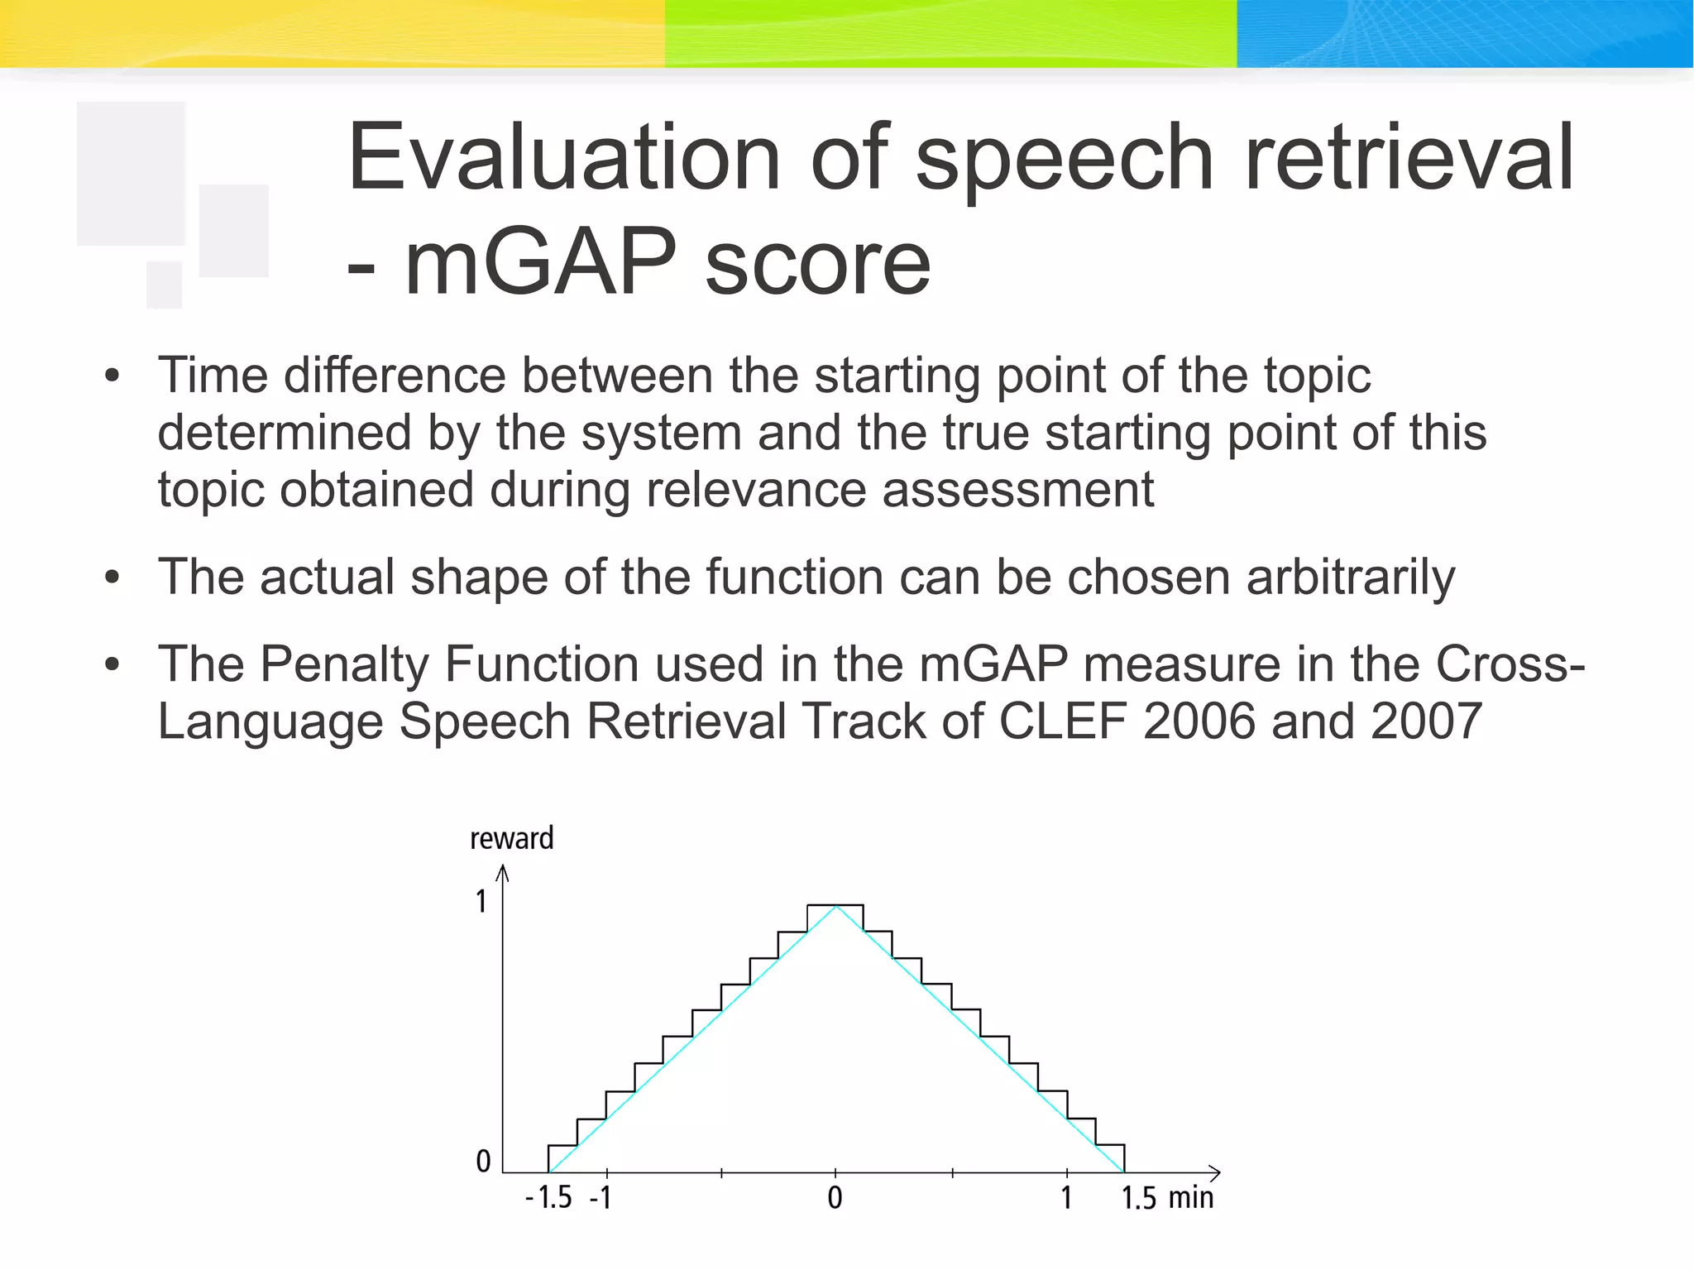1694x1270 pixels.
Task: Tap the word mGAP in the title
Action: [x=539, y=263]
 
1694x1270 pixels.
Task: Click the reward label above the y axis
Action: [x=511, y=838]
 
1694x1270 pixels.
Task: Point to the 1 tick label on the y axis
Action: [x=481, y=901]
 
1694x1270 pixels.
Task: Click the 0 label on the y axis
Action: [x=483, y=1162]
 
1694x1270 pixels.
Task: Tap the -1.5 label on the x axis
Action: [x=549, y=1197]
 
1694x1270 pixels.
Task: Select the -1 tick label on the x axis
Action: [x=601, y=1197]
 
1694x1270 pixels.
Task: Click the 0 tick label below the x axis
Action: [x=835, y=1197]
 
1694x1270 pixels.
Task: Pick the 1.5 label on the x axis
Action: [x=1138, y=1197]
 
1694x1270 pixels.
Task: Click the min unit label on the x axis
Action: [x=1190, y=1197]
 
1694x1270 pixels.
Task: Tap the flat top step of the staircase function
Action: [x=835, y=905]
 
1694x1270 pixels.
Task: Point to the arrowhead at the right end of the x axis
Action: [x=1216, y=1172]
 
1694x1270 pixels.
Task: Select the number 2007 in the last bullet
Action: [x=1425, y=721]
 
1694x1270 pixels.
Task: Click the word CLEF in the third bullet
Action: [x=1062, y=721]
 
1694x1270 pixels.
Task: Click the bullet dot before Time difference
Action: [x=112, y=377]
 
